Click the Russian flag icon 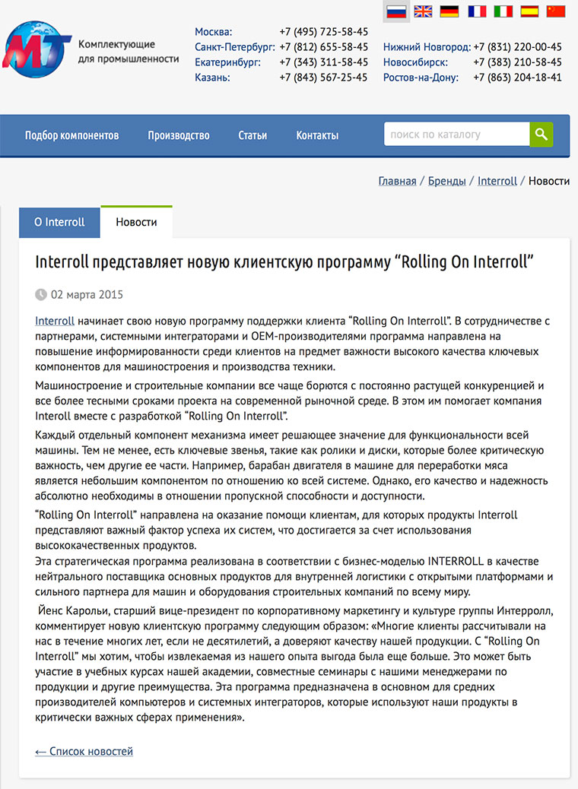(396, 11)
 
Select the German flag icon (449, 11)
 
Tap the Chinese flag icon (557, 11)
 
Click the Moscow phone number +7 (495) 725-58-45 (323, 32)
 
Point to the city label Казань (212, 78)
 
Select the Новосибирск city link (415, 62)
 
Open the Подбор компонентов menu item (72, 135)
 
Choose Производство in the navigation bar (179, 135)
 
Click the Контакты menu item (317, 135)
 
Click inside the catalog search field (456, 135)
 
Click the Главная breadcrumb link (397, 181)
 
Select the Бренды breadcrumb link (447, 181)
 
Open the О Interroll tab (59, 223)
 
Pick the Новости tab (136, 223)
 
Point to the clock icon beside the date (41, 295)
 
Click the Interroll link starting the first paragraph (55, 322)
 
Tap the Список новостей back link (84, 752)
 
